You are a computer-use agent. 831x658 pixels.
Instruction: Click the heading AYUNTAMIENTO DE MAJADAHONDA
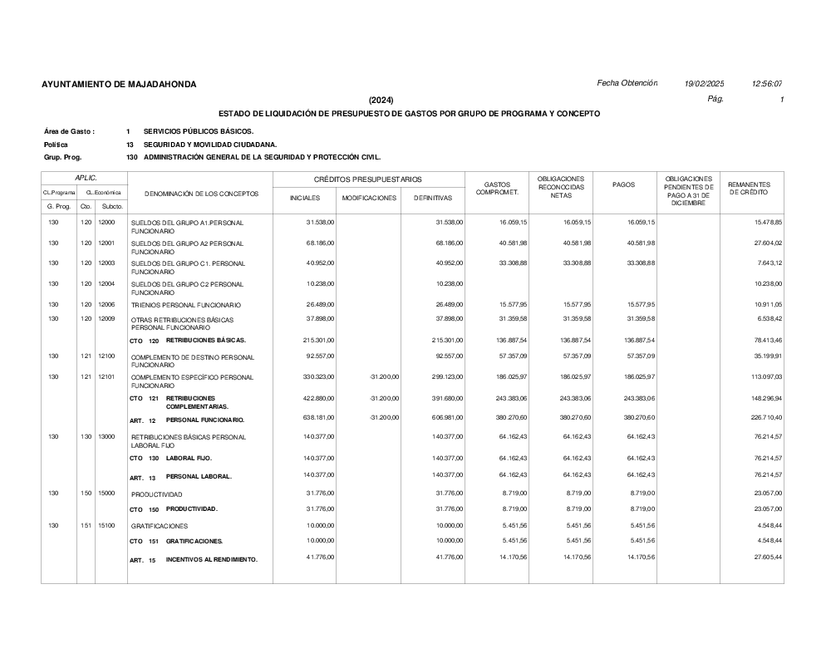tap(119, 85)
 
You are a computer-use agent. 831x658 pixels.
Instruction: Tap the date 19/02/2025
tap(704, 83)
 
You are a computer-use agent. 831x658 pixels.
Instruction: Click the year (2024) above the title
tap(381, 100)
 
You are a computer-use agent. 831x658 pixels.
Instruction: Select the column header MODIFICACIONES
tap(369, 199)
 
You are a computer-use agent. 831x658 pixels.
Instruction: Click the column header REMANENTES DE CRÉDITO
tap(749, 189)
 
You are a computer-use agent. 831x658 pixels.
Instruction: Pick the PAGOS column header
tap(623, 184)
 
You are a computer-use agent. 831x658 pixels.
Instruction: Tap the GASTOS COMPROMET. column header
tap(497, 189)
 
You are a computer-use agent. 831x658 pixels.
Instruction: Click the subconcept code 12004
tap(106, 284)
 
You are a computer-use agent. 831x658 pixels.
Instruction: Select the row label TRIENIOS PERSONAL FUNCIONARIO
tap(186, 306)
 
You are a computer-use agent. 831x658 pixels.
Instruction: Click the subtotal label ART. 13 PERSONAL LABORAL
tap(180, 477)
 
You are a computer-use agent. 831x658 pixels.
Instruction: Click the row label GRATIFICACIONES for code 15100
tap(160, 526)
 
